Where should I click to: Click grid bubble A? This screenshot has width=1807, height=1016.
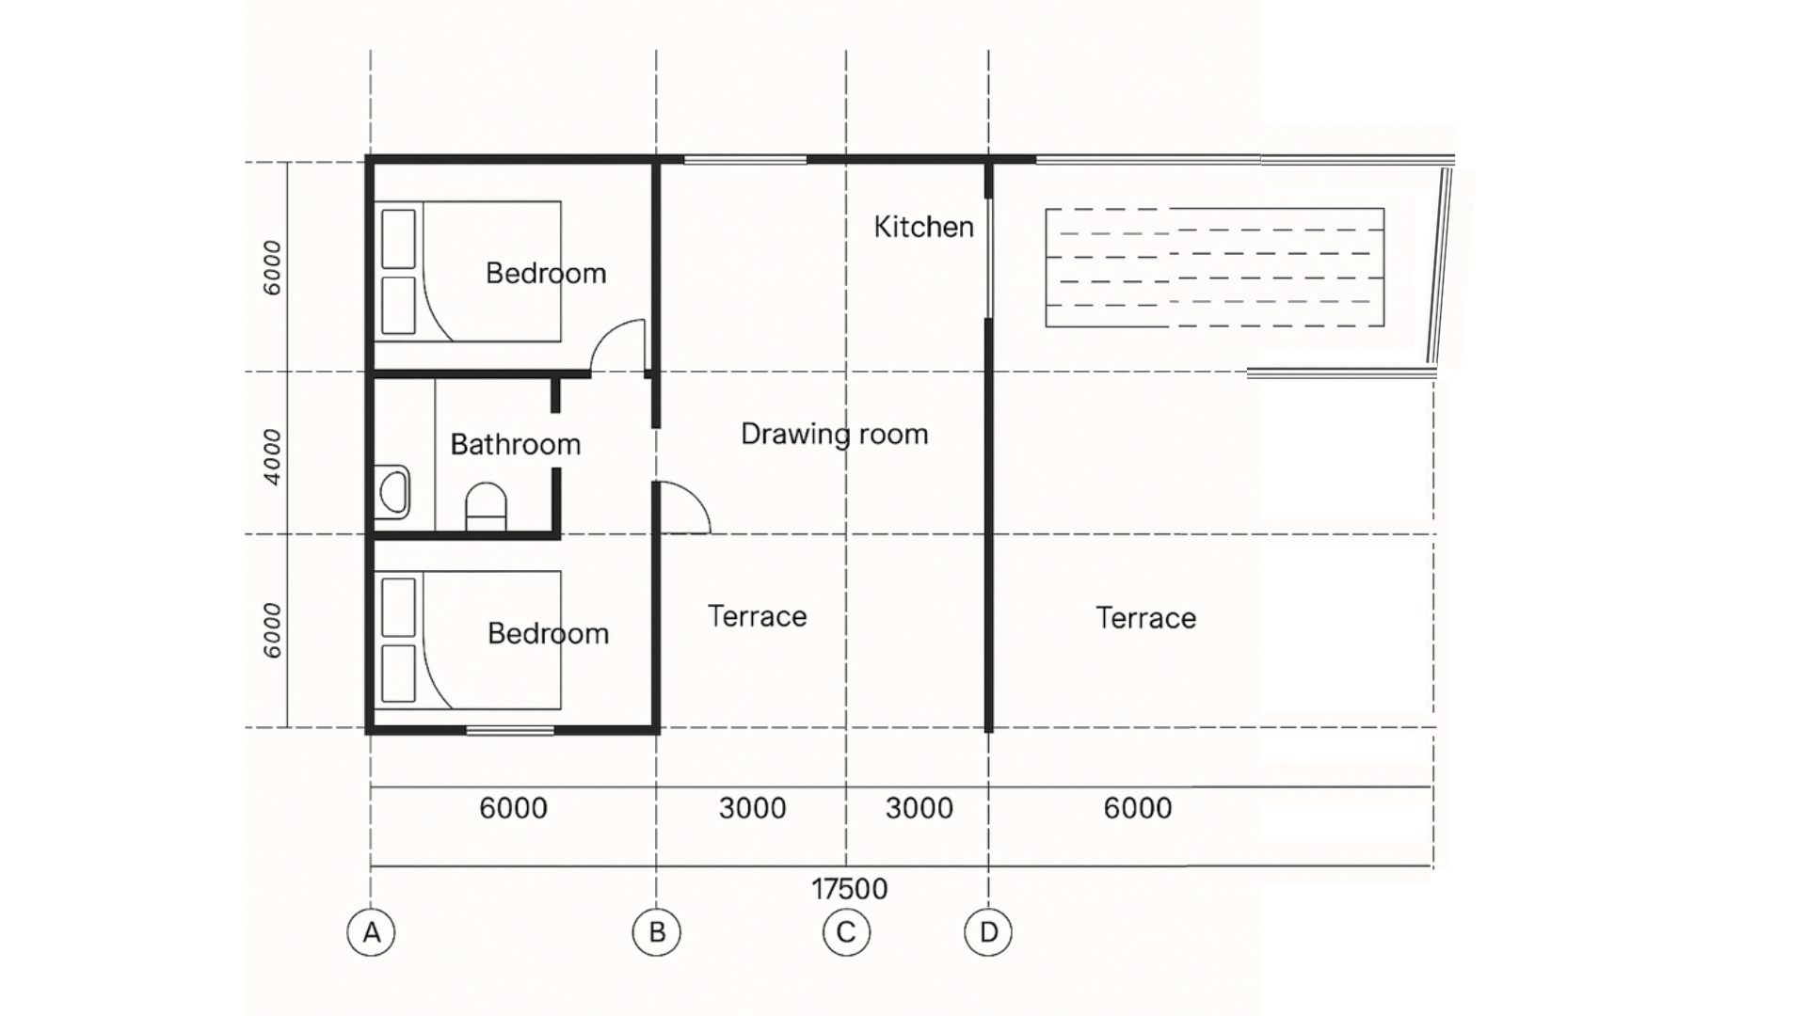[x=371, y=932]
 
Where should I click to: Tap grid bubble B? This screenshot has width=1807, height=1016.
[x=657, y=932]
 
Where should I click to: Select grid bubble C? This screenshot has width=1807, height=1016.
[x=846, y=932]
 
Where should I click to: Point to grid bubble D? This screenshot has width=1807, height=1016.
[x=988, y=932]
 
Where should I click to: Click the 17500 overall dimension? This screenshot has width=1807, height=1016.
[x=850, y=889]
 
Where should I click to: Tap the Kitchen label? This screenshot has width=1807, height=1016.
[x=923, y=227]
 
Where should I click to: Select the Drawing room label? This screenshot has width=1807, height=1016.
[x=835, y=434]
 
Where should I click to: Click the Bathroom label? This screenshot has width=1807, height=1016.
[x=516, y=444]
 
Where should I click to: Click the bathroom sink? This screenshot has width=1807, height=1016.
[x=393, y=492]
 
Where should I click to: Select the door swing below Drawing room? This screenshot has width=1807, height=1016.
[x=682, y=508]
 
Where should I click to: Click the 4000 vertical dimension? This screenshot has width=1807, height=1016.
[x=272, y=456]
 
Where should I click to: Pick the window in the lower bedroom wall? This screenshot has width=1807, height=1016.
[x=510, y=729]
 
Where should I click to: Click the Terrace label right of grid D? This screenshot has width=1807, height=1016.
[x=1146, y=618]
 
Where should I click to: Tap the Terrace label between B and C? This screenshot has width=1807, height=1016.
[x=758, y=616]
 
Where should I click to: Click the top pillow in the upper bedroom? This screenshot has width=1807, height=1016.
[x=399, y=239]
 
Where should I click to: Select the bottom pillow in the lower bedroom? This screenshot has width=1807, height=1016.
[x=399, y=674]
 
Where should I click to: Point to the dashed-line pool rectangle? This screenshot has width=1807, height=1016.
[x=1215, y=268]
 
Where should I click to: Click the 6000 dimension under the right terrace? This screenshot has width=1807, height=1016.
[x=1138, y=808]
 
